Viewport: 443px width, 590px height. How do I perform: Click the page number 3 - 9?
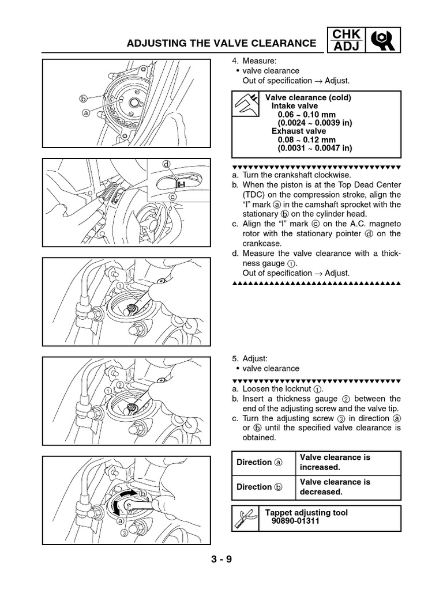point(221,559)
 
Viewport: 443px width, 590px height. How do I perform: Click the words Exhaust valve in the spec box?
point(295,131)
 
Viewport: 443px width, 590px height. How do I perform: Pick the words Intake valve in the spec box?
point(294,107)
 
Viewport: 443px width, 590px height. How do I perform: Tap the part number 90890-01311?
point(294,521)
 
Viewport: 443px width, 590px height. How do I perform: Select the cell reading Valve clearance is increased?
point(335,462)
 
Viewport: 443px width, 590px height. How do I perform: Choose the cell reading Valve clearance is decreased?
point(335,487)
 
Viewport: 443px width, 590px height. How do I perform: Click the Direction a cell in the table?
point(260,462)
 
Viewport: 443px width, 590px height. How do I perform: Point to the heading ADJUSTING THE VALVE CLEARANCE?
point(221,43)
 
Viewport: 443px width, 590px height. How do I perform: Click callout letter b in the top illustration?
point(83,99)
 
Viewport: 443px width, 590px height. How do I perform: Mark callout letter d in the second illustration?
point(166,164)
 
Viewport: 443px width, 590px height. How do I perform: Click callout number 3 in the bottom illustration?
point(124,533)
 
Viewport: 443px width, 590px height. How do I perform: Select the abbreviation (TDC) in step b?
point(254,195)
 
